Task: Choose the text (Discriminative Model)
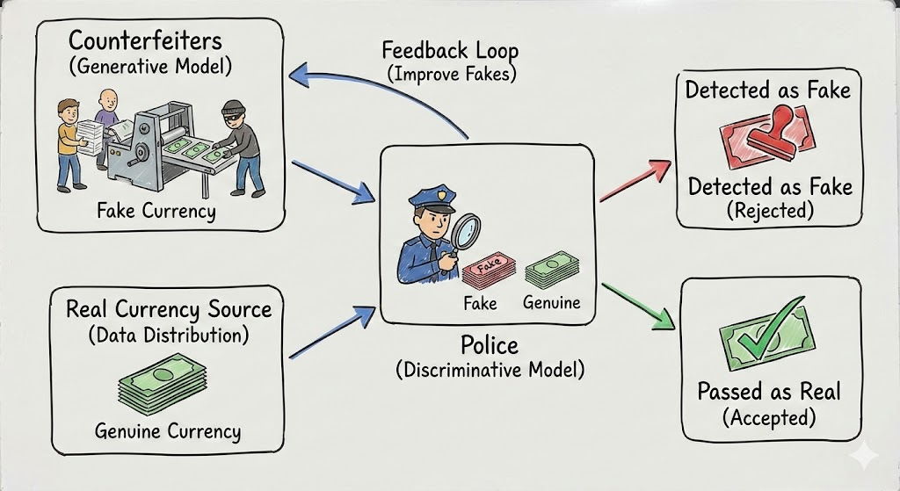click(x=490, y=369)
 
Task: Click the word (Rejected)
click(x=770, y=211)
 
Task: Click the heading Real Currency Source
click(x=169, y=309)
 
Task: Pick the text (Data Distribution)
click(x=169, y=335)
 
